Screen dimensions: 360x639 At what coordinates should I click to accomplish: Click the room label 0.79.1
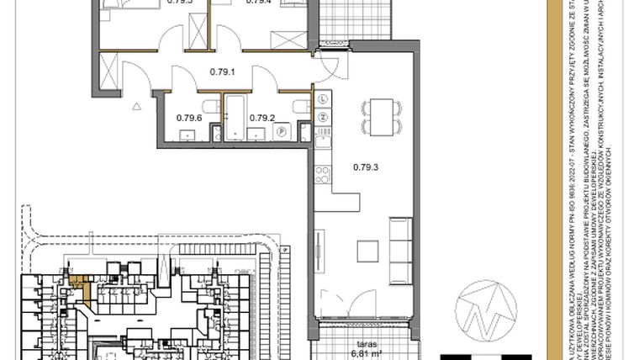tap(223, 72)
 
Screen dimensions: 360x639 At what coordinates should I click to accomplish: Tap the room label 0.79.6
tap(189, 118)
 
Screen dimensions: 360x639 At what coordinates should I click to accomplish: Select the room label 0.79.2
tap(263, 118)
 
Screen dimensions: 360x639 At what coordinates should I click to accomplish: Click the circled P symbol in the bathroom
tap(283, 131)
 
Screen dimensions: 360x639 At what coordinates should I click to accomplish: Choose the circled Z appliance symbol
tap(323, 116)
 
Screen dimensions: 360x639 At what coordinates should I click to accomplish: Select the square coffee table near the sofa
tap(367, 250)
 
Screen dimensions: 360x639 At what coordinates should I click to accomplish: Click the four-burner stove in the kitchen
tap(323, 174)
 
